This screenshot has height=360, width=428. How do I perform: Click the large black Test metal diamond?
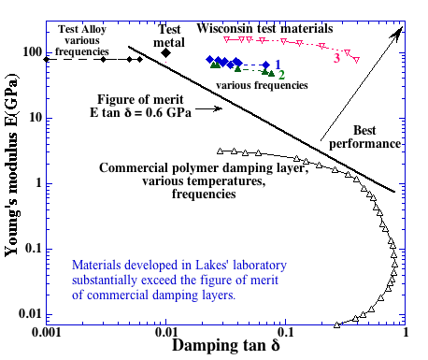166,52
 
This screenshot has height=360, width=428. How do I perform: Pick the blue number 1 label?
278,63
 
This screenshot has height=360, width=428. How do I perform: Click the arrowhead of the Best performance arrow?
400,32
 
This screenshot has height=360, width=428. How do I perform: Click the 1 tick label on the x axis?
404,332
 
